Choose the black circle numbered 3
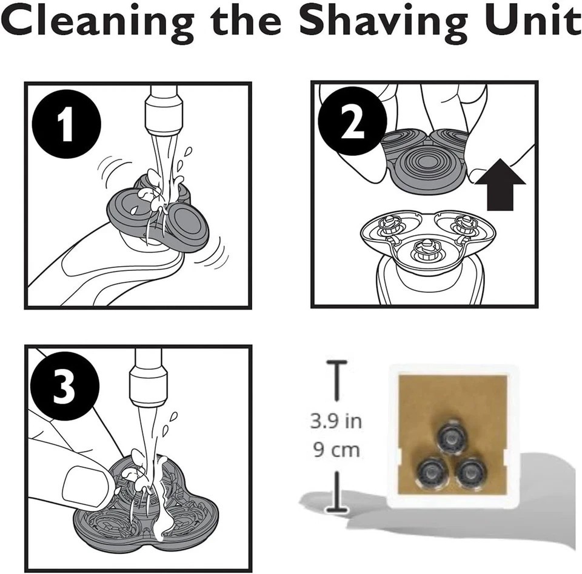click(65, 385)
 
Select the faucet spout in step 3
click(148, 377)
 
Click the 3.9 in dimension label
click(336, 421)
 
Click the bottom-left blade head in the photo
click(430, 473)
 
